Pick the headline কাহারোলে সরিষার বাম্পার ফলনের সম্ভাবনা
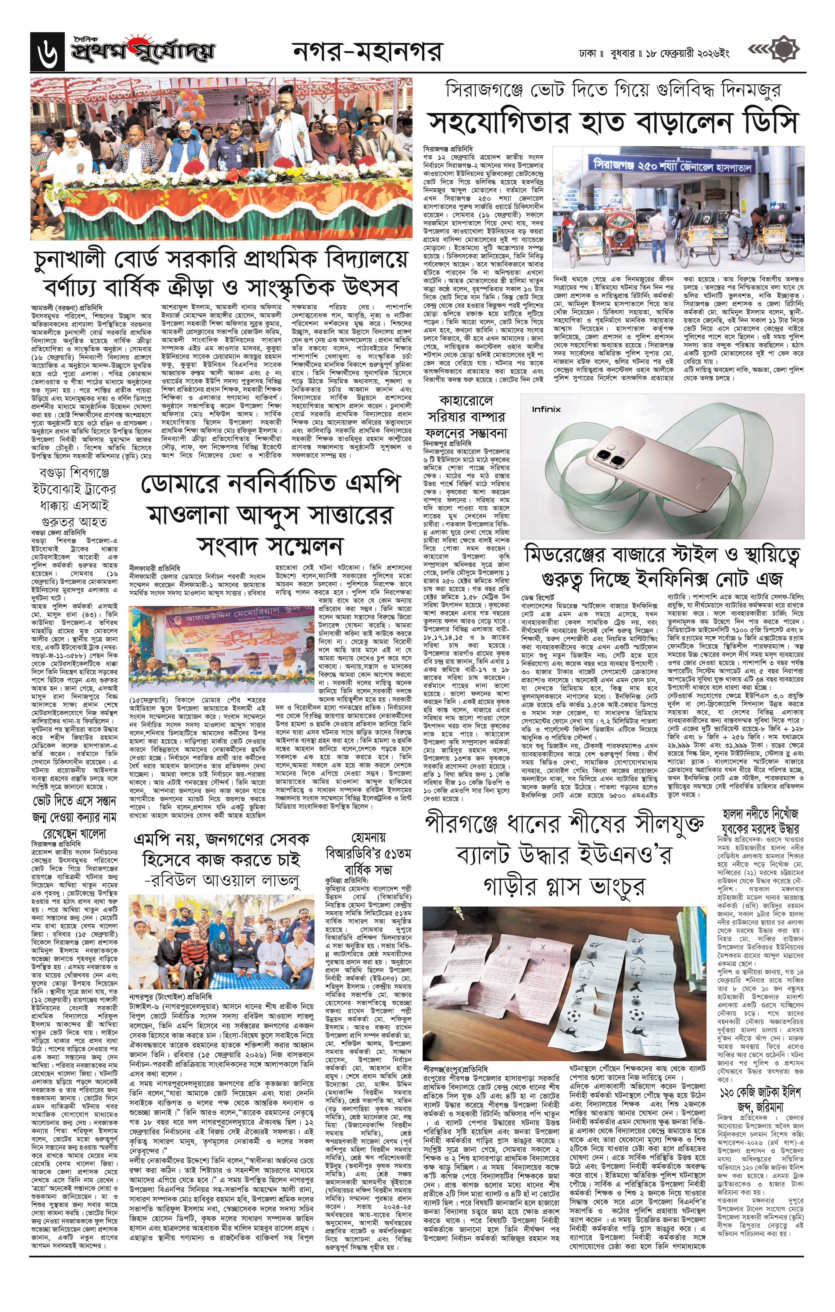click(466, 417)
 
